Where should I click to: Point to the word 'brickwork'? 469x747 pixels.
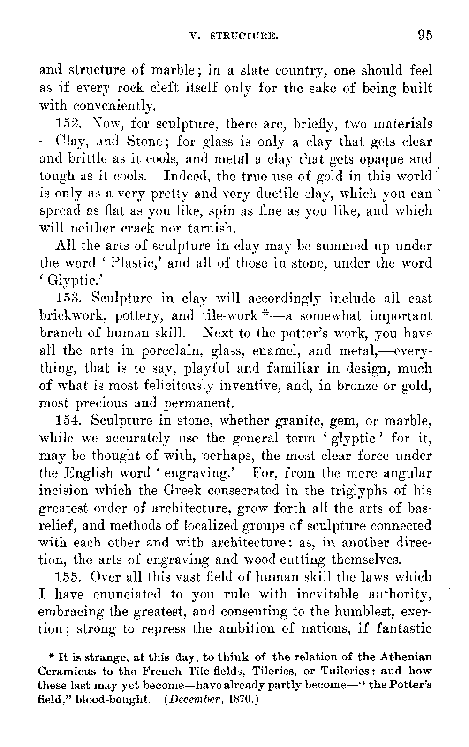click(x=74, y=316)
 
